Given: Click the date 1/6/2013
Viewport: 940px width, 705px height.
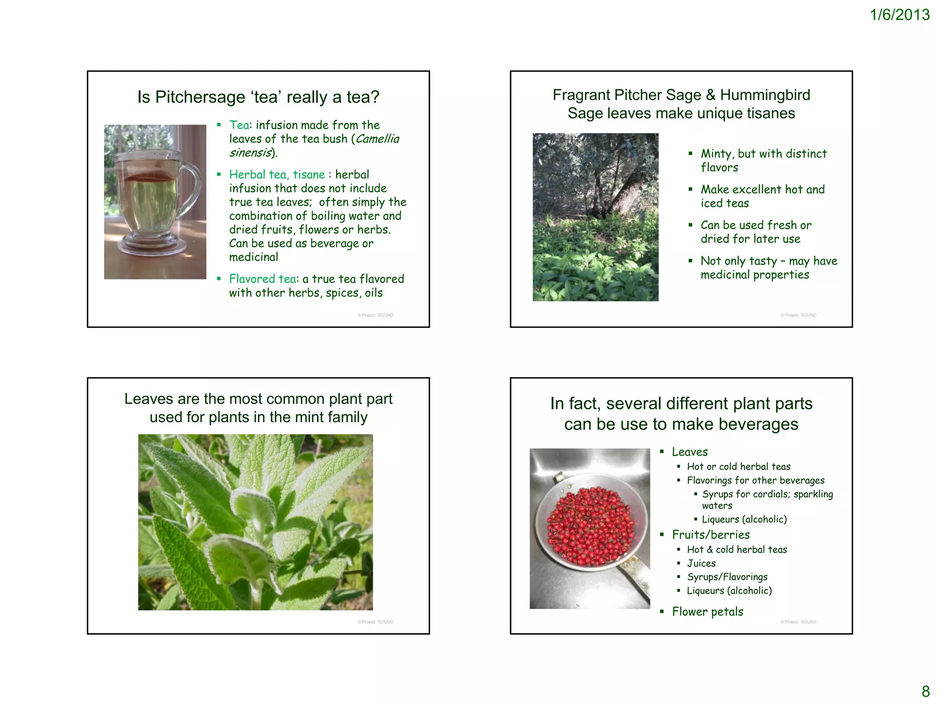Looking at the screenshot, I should pos(900,15).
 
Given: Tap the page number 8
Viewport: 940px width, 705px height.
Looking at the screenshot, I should pos(926,691).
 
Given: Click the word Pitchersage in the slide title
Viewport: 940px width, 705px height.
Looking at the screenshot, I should pos(200,97).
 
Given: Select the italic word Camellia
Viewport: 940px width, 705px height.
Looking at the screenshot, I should pos(377,139).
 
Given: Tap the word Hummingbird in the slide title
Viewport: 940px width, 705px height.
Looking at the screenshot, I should pos(765,95).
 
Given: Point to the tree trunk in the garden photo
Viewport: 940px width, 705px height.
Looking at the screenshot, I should pos(620,193).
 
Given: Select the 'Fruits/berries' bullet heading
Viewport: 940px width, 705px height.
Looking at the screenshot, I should pos(711,535).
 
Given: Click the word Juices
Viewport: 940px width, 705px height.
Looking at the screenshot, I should pos(701,563).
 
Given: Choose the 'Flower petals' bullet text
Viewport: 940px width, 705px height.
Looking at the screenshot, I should pos(707,612).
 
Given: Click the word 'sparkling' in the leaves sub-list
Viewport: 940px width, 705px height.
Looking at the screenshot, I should pos(813,494).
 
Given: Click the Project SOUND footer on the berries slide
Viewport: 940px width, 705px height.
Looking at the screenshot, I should pos(798,622).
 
